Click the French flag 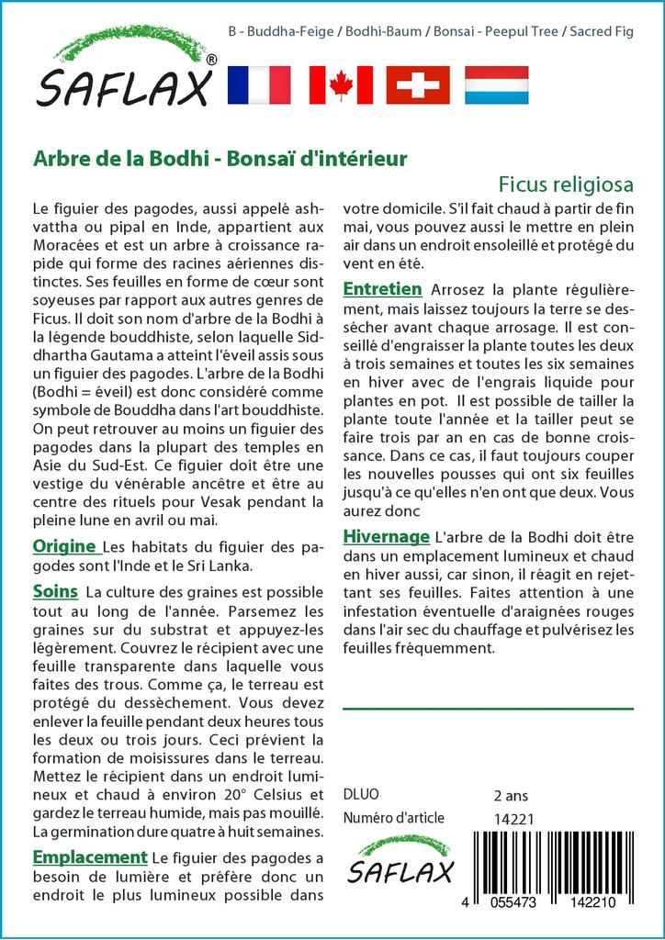click(258, 85)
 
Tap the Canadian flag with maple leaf click(341, 85)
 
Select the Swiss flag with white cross click(418, 85)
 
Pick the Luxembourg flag click(496, 85)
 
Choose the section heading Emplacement click(90, 857)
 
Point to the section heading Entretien click(382, 289)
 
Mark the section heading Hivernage click(386, 536)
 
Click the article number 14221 click(513, 819)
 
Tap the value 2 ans click(513, 794)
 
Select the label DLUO click(361, 794)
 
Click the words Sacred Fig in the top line click(602, 31)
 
